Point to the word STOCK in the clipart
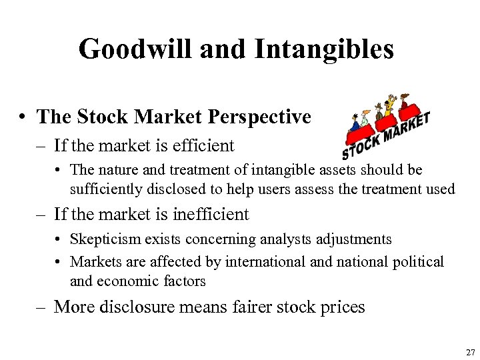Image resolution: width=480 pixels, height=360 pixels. pos(363,143)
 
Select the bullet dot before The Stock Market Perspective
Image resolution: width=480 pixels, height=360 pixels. pos(23,117)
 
